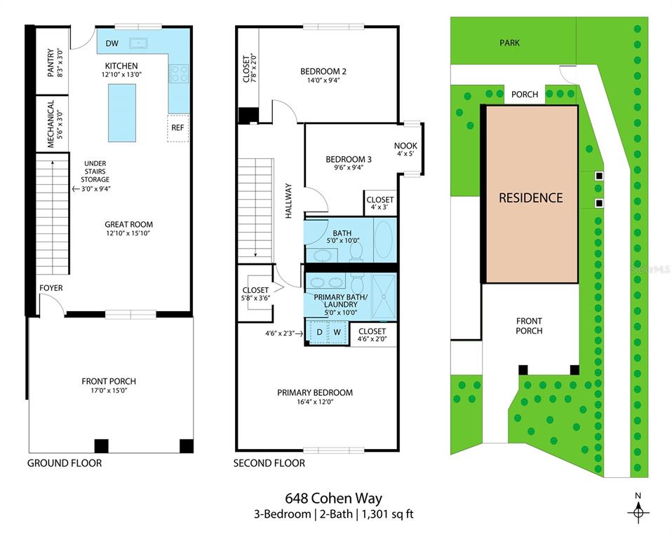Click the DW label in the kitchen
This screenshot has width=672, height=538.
click(112, 43)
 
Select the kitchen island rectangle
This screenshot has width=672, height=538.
click(121, 112)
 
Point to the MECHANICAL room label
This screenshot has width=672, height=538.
click(51, 123)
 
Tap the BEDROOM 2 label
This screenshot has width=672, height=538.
click(323, 71)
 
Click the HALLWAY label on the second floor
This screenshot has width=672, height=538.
click(288, 202)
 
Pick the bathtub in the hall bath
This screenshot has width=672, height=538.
click(384, 240)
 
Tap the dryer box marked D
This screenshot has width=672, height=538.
click(319, 332)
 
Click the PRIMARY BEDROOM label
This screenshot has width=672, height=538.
click(315, 392)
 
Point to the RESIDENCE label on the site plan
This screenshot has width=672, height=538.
click(530, 198)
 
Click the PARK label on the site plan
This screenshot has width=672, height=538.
click(509, 43)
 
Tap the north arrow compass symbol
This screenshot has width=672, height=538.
click(638, 511)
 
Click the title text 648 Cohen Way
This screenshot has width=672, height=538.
click(333, 499)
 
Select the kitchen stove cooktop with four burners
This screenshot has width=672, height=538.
click(179, 73)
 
